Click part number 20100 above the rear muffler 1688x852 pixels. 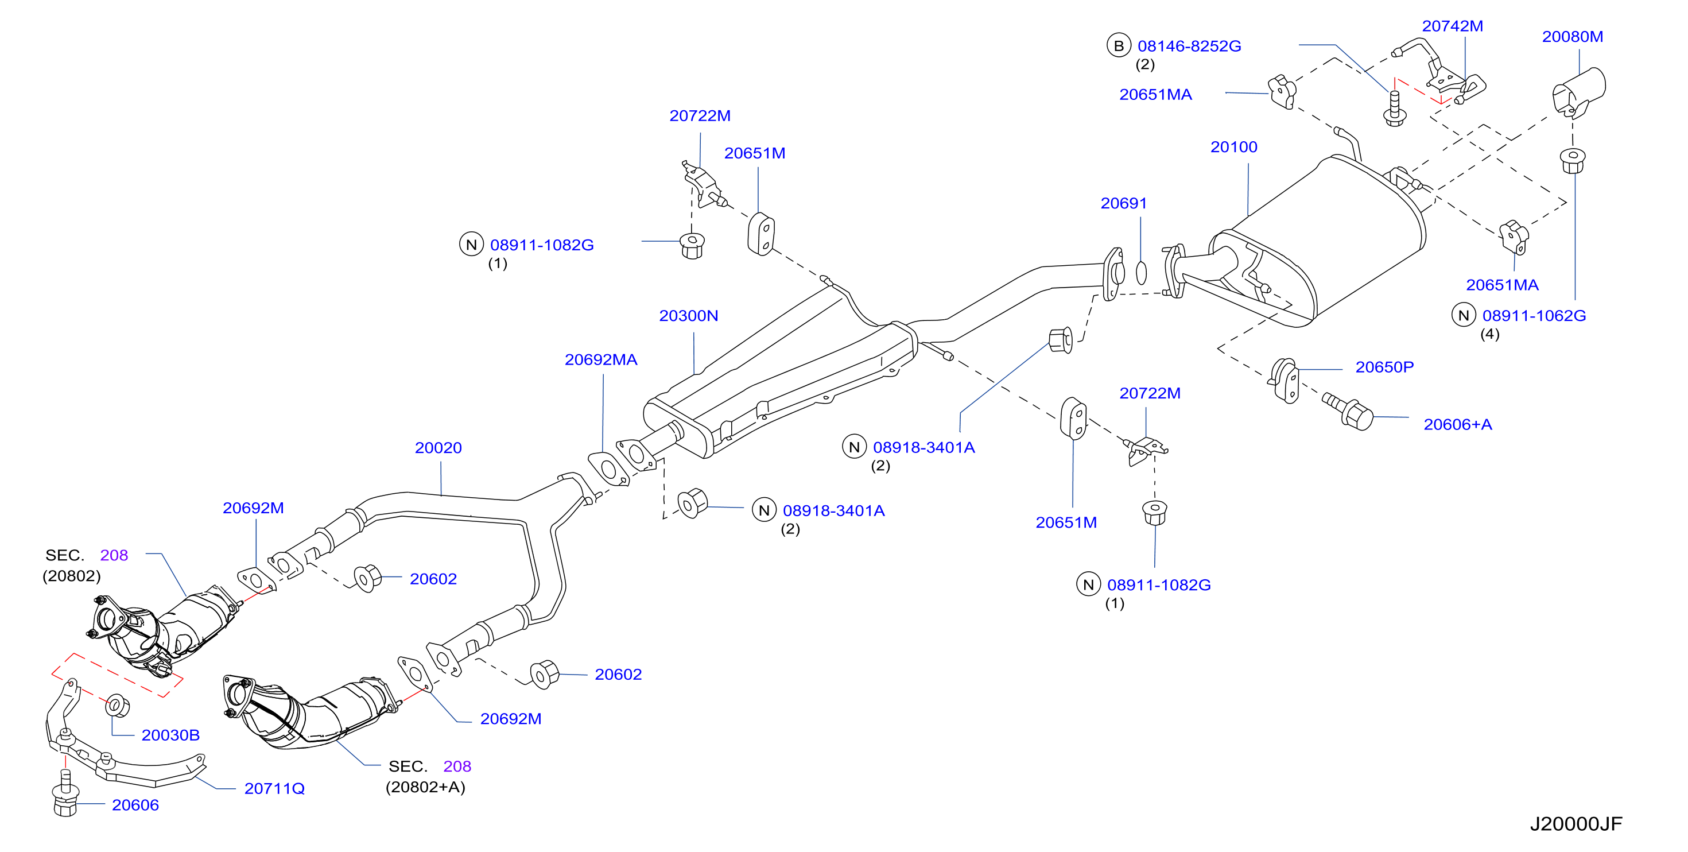point(1233,147)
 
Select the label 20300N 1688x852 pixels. point(688,316)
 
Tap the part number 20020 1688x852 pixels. point(439,448)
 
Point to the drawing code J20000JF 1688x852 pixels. point(1576,824)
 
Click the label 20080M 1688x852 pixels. point(1572,37)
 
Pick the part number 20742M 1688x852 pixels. point(1452,26)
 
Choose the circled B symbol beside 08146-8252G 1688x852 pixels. point(1119,46)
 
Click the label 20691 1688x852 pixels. point(1123,203)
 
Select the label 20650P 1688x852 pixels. point(1384,367)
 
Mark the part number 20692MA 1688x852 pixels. point(600,360)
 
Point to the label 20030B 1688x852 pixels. point(170,735)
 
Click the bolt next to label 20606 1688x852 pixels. point(65,793)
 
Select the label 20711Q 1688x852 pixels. point(274,788)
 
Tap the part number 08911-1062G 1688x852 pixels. point(1534,316)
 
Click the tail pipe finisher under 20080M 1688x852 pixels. point(1578,92)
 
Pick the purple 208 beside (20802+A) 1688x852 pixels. point(457,766)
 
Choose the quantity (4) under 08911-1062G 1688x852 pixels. point(1489,334)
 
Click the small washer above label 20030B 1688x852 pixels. point(117,705)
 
